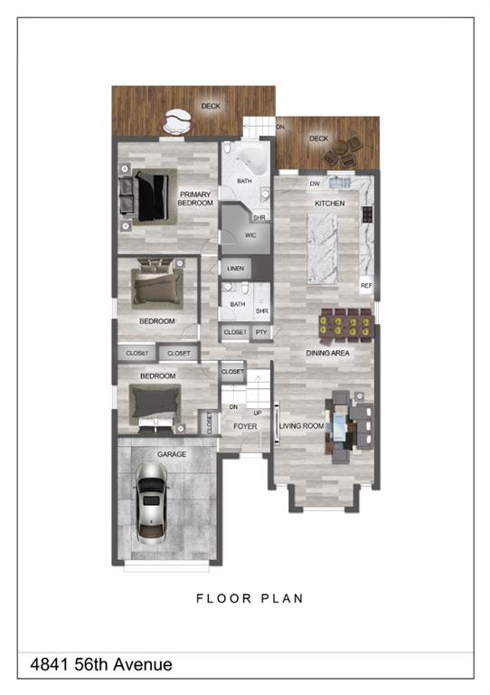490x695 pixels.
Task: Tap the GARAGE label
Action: coord(172,454)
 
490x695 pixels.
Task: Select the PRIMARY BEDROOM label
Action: coord(195,198)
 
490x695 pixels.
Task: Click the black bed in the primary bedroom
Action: coord(153,197)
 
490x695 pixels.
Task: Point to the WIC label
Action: coord(250,235)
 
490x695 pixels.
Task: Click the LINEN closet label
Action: coord(235,269)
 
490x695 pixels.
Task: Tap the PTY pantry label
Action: coord(261,332)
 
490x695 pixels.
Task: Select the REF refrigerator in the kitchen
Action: coord(366,285)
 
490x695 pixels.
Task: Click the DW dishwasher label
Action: coord(315,184)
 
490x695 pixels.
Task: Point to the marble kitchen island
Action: coord(322,248)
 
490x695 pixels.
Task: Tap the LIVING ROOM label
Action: coord(301,426)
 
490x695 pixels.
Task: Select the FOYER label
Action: coord(245,426)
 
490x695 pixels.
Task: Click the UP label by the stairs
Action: coord(258,413)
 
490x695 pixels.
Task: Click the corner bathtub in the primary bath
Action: coord(251,160)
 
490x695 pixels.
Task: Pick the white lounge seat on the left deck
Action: coord(177,122)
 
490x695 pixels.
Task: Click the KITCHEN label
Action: coord(329,204)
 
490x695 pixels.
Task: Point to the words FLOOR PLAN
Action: coord(250,599)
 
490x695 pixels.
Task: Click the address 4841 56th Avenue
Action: coord(101,664)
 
